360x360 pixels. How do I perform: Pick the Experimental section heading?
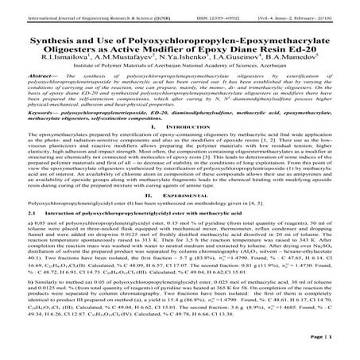pos(184,195)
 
